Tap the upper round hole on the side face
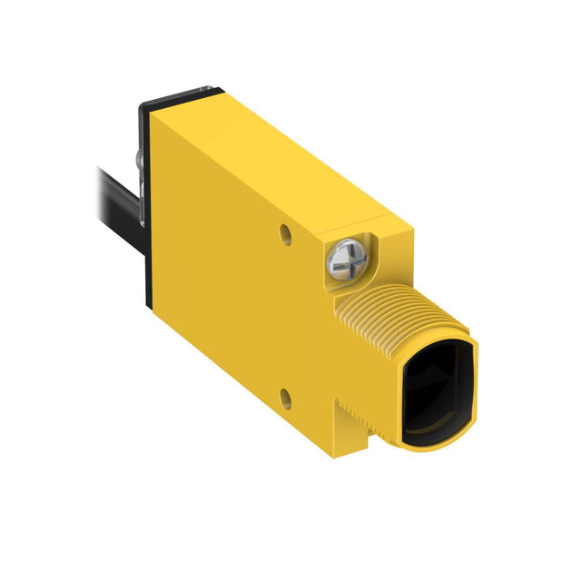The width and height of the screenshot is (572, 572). click(287, 234)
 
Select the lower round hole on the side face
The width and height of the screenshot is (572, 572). click(287, 395)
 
